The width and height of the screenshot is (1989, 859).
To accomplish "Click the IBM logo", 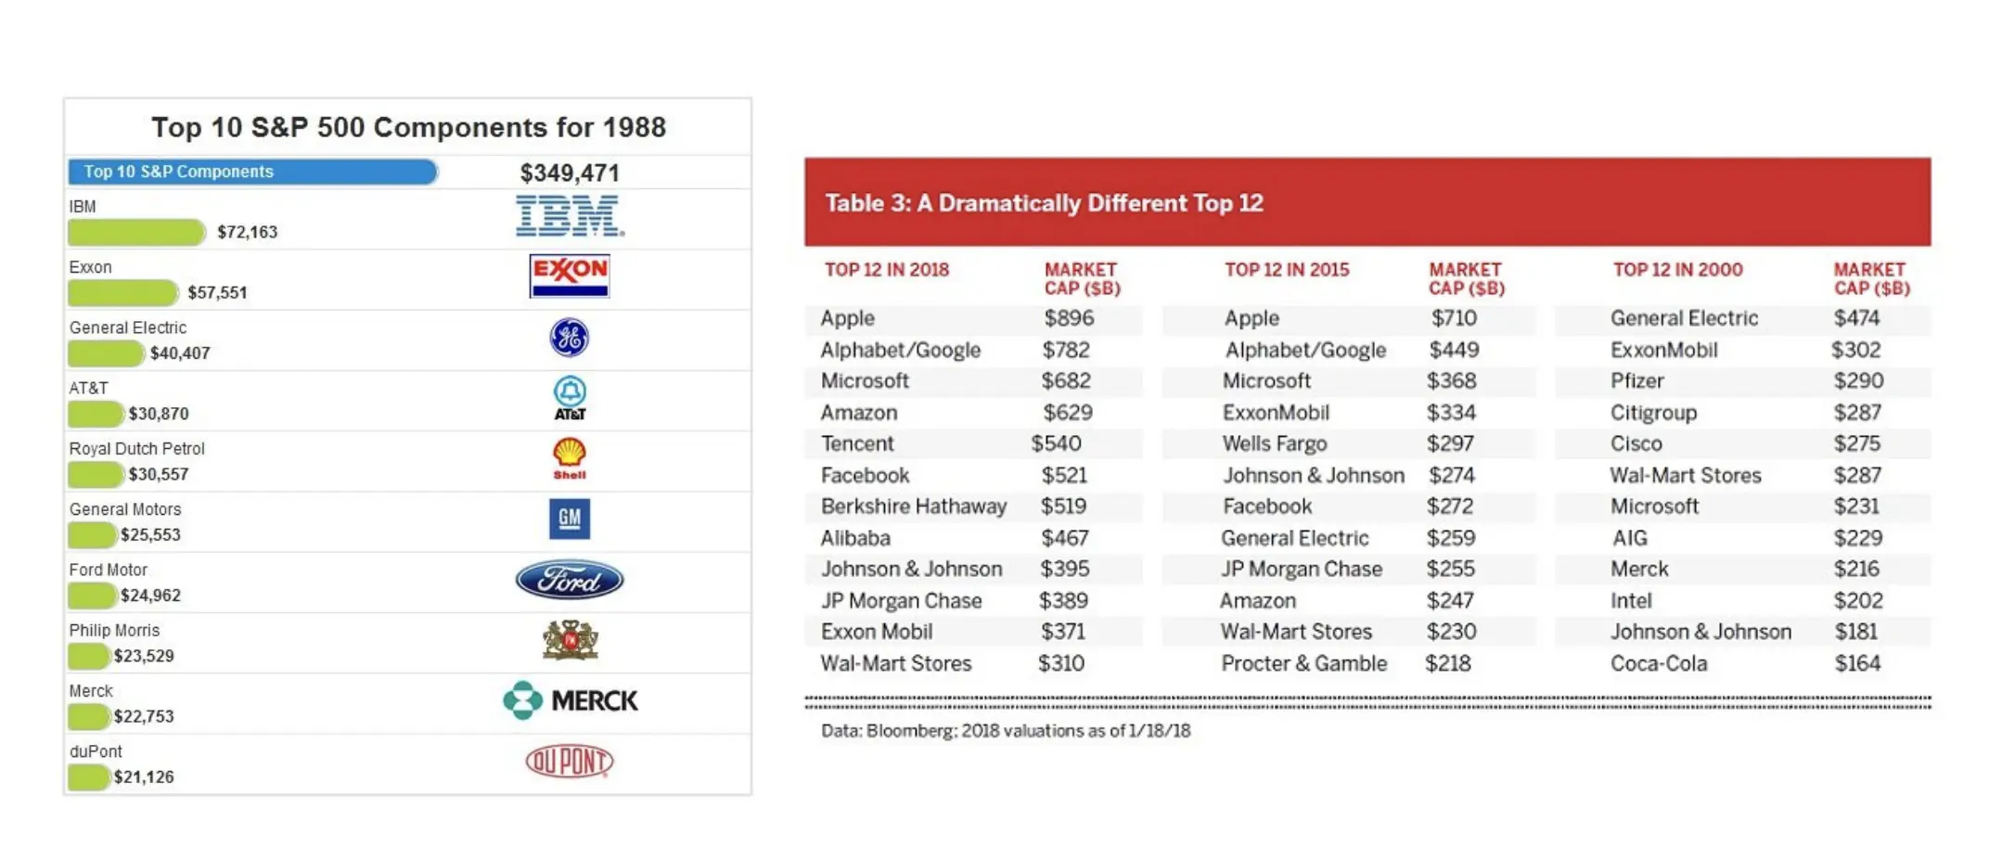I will (x=570, y=216).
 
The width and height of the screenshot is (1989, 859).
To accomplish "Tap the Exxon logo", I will (x=569, y=276).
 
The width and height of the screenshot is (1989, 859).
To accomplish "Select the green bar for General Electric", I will (x=106, y=353).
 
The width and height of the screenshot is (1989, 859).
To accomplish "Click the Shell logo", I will (x=569, y=458).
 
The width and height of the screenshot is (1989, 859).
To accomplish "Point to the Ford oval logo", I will (x=569, y=581).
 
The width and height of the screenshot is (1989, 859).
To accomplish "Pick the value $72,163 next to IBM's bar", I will (x=247, y=232).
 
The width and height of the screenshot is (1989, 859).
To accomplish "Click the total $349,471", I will (x=569, y=173).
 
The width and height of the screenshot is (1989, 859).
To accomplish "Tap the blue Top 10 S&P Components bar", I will (x=251, y=172).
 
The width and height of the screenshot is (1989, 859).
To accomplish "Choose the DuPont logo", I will (x=569, y=762).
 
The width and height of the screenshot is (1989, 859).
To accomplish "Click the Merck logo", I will (x=570, y=700).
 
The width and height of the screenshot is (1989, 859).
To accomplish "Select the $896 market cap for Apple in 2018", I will (x=1069, y=318).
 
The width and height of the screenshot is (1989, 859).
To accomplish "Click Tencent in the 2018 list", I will (x=857, y=443).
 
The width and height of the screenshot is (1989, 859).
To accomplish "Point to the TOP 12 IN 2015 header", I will (x=1287, y=270).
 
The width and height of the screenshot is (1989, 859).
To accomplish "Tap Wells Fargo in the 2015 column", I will (x=1275, y=443).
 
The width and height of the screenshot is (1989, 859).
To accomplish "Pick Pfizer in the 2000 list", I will (x=1637, y=381).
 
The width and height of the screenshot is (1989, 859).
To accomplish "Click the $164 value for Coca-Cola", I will (x=1857, y=663).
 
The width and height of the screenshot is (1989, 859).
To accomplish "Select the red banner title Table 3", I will (x=1044, y=203).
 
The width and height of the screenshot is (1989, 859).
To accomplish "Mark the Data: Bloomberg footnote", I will (x=1006, y=731).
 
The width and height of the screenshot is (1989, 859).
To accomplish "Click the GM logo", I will (x=569, y=519).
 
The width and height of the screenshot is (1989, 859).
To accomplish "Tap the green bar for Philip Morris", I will (x=89, y=657).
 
